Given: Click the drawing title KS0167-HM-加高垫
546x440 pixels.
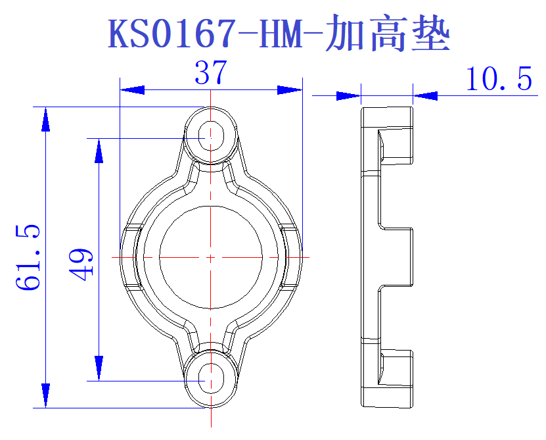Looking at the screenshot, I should (279, 34).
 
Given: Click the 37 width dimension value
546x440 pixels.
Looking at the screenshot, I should (210, 73).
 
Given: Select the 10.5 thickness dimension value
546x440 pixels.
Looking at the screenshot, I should (499, 80).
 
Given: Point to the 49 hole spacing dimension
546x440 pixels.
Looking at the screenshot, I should (82, 264).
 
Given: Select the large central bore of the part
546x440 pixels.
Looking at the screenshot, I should (210, 257).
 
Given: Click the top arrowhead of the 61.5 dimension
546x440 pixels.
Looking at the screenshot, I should (45, 119).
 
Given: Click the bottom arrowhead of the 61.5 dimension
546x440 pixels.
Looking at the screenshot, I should (45, 395).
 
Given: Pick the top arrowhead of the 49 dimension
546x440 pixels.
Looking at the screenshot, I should (99, 151).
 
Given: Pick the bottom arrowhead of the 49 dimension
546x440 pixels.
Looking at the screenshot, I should (99, 367).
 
